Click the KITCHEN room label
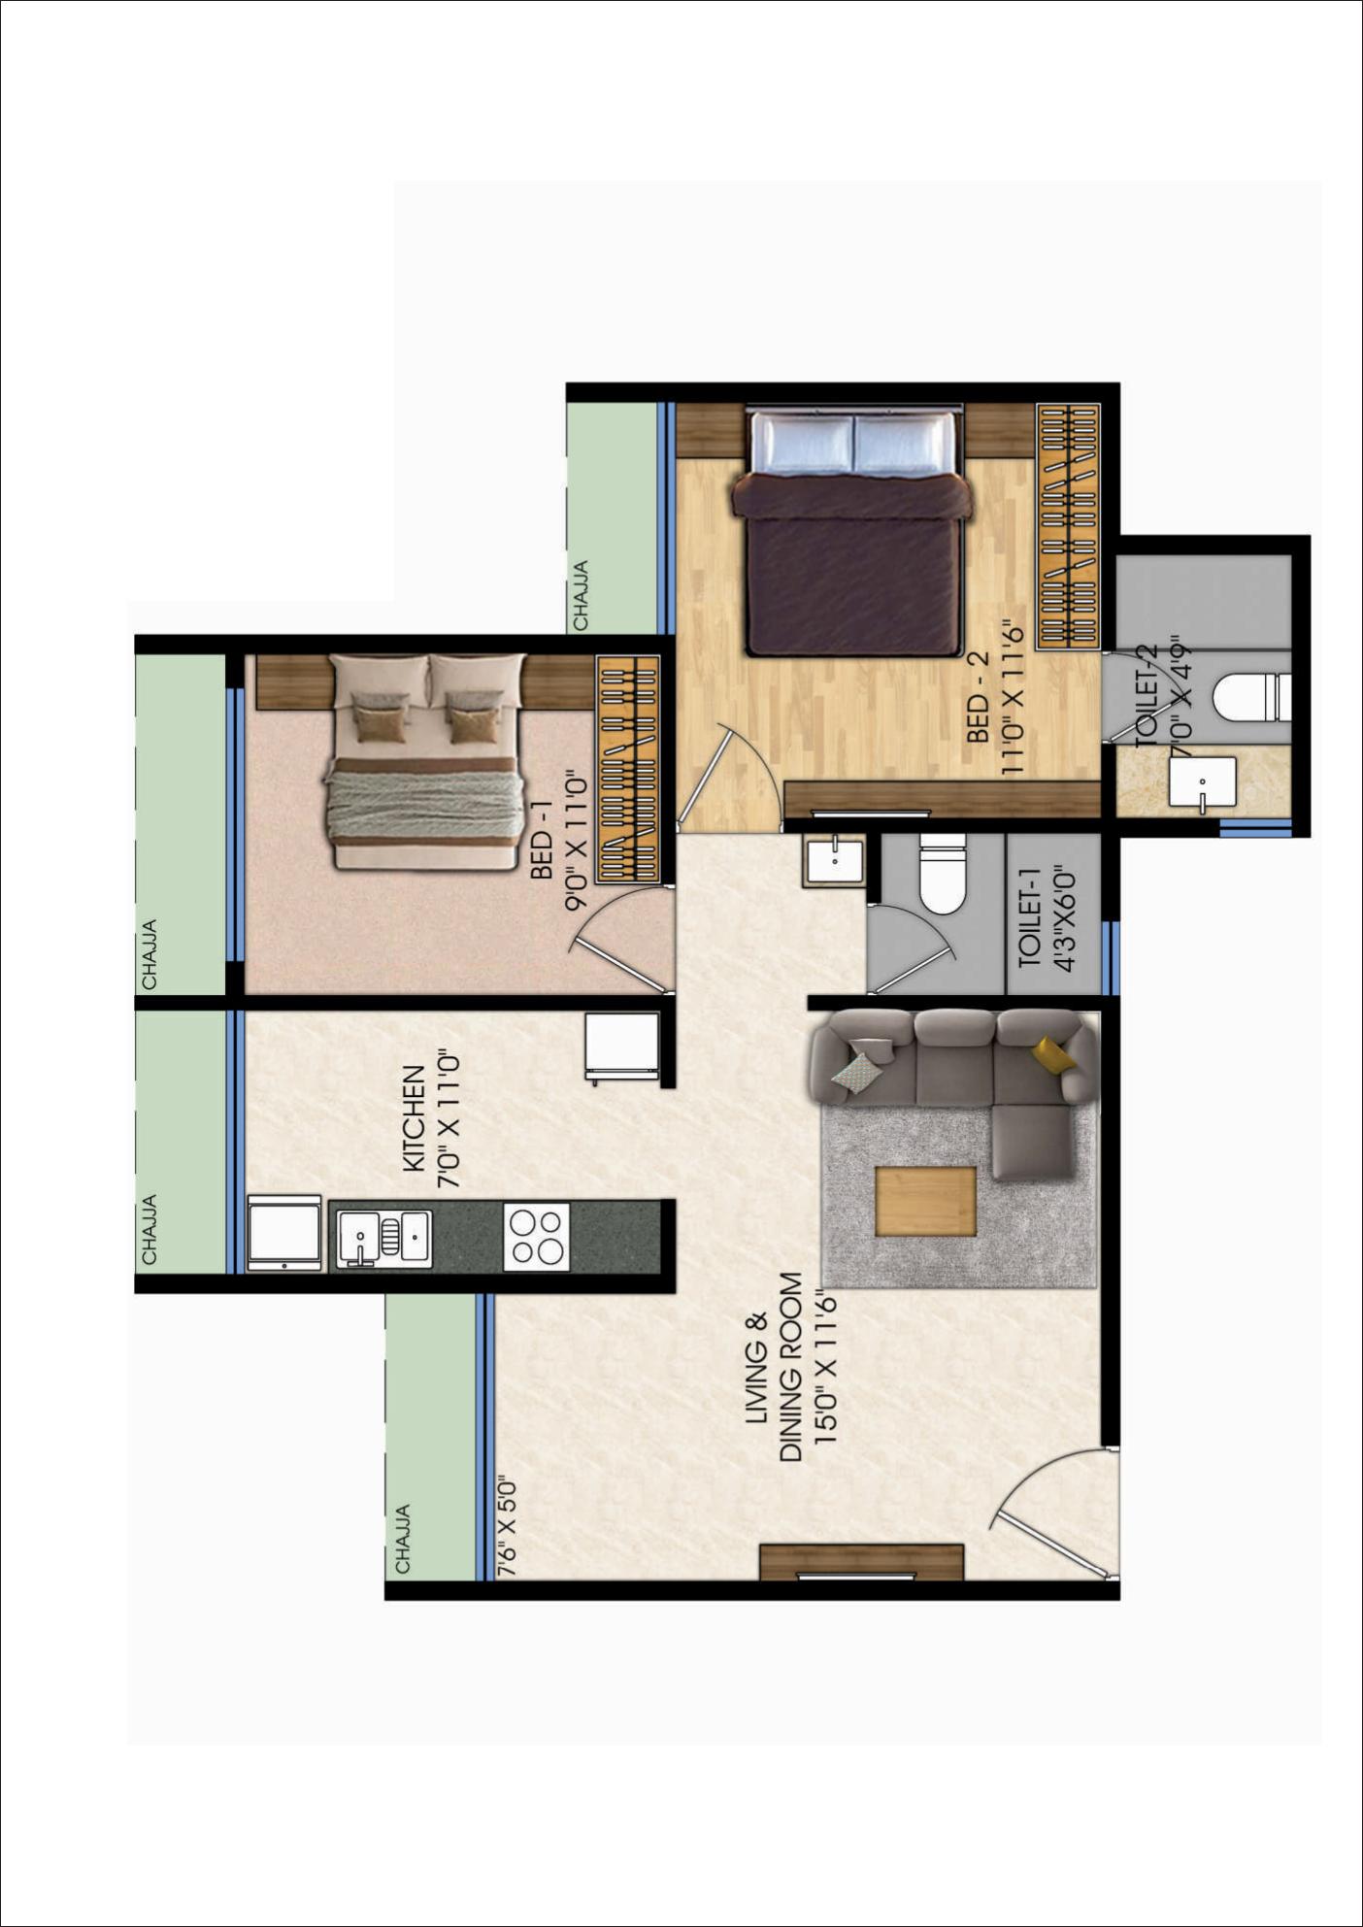[x=415, y=1118]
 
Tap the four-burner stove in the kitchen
[x=536, y=1236]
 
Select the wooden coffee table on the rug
[x=925, y=1201]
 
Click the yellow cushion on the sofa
[x=1052, y=1054]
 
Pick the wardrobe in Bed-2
[x=1068, y=526]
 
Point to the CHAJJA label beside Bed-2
[x=581, y=595]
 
